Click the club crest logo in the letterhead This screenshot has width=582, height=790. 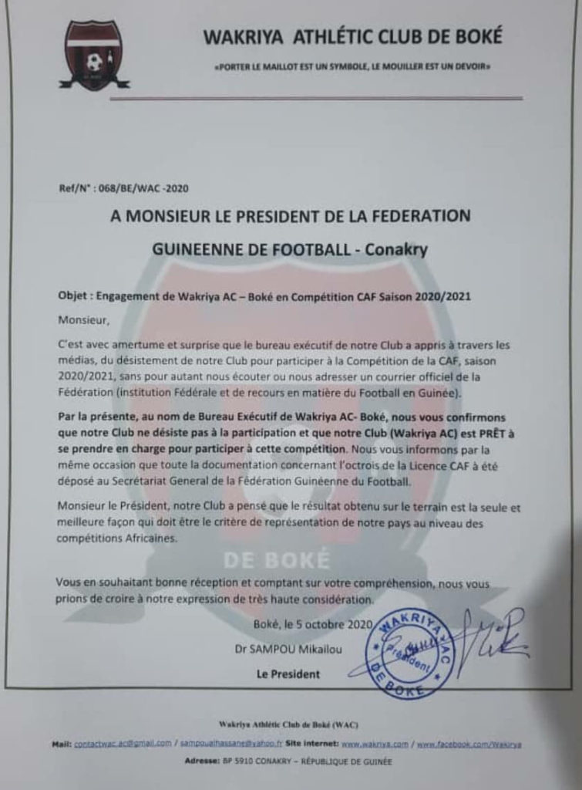tap(93, 55)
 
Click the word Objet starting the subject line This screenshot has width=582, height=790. tap(75, 296)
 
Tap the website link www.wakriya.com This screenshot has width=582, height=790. tap(375, 744)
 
